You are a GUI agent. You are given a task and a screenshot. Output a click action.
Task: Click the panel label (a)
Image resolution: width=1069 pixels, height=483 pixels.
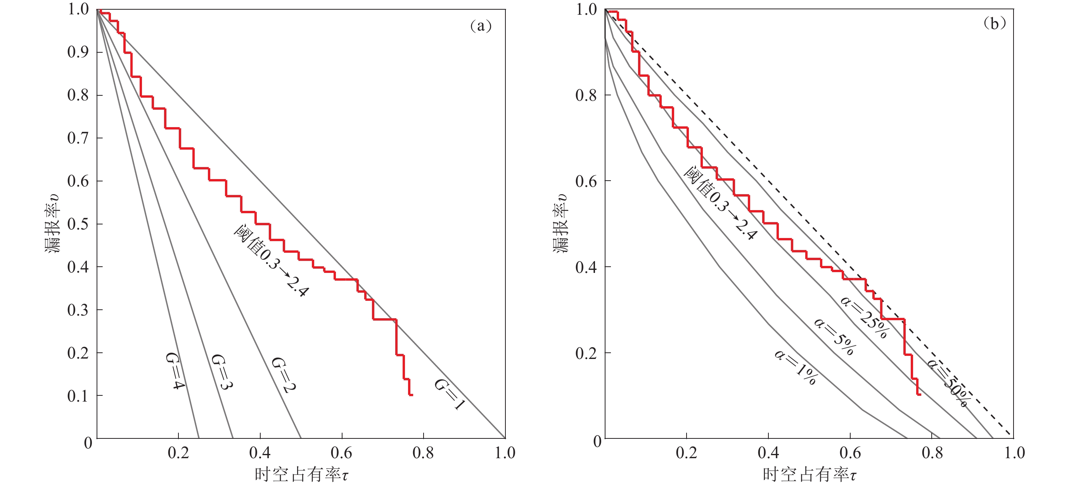[x=481, y=26]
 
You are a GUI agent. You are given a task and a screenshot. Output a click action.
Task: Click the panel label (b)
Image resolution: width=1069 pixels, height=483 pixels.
[x=994, y=23]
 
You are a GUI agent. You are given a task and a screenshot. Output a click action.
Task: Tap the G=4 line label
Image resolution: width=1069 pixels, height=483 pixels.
[x=175, y=371]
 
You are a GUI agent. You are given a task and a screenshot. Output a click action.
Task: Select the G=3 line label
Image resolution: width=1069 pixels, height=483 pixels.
[x=222, y=372]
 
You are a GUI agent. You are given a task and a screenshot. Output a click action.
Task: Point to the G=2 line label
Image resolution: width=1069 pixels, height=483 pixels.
[x=284, y=375]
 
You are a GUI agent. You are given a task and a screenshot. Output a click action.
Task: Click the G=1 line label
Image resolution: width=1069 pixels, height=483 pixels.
[x=450, y=394]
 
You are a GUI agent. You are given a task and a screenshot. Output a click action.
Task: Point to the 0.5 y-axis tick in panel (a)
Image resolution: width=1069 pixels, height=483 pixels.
[x=78, y=224]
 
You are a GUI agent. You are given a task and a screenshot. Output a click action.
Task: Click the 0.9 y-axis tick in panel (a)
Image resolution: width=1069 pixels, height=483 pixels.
[x=78, y=52]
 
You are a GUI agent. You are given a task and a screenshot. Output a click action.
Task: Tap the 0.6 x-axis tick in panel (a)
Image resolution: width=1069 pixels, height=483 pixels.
[x=342, y=453]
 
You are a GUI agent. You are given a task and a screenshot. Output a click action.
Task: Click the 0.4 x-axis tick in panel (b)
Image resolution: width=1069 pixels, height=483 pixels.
[x=768, y=453]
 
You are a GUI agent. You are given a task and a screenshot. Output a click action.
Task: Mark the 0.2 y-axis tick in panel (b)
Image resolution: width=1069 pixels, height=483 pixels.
[x=586, y=353]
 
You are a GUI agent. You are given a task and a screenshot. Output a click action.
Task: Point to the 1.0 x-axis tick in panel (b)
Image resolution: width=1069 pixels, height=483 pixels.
[x=1014, y=453]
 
